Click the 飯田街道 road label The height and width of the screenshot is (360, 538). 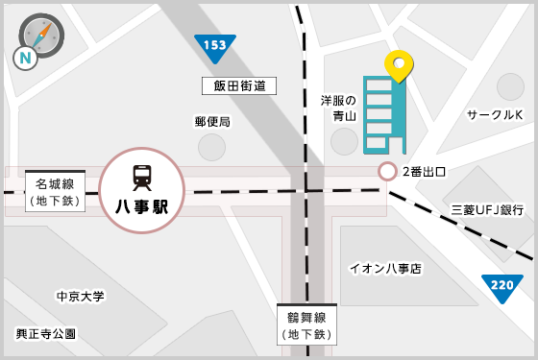pos(239,86)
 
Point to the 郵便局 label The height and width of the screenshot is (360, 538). pos(212,121)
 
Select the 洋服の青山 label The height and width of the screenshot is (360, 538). pos(338,108)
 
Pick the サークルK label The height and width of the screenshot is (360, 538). pos(494,115)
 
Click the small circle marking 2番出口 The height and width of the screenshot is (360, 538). pos(387,172)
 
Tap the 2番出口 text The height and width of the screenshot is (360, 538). pos(424,172)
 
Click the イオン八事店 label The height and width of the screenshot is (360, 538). pos(384,268)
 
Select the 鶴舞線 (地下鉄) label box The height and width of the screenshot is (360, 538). pos(307,325)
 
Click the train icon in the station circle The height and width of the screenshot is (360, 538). pos(142,178)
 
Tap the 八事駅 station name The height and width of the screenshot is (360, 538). pos(142,206)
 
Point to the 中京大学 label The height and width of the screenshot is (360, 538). pos(80,297)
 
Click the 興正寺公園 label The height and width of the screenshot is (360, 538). pos(45,333)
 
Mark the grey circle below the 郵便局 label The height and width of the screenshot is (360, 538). pos(212,147)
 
